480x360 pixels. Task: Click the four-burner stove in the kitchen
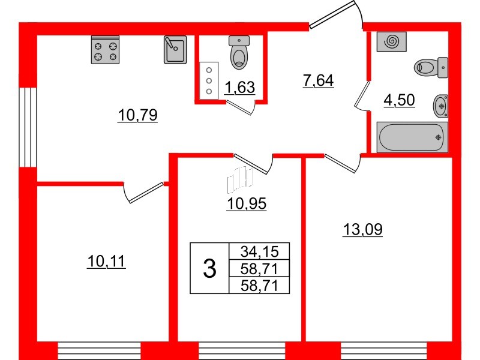(x=105, y=50)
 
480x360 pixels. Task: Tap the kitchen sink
(x=175, y=50)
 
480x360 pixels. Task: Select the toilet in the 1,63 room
(x=239, y=52)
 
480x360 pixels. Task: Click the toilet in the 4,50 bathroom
(x=431, y=67)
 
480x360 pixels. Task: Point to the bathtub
(x=412, y=137)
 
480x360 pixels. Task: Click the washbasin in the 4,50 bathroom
(x=441, y=106)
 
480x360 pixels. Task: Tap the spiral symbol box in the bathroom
(x=392, y=41)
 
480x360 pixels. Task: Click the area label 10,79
(x=137, y=115)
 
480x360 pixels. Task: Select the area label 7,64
(x=318, y=80)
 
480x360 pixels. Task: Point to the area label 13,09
(x=363, y=229)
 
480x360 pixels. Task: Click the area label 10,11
(x=106, y=262)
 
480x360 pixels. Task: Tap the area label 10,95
(x=247, y=203)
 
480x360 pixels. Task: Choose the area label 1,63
(x=239, y=88)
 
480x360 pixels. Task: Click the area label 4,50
(x=399, y=100)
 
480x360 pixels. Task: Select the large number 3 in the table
(x=209, y=268)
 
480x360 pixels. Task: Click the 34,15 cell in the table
(x=259, y=251)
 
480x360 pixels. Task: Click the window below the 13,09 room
(x=384, y=351)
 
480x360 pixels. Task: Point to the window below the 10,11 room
(x=99, y=351)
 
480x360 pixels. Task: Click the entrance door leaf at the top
(x=332, y=14)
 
